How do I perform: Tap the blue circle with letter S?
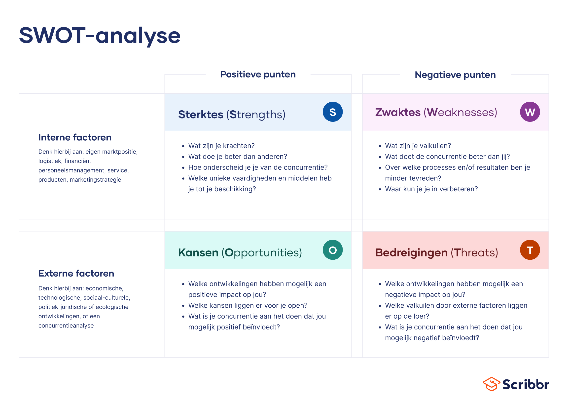(333, 112)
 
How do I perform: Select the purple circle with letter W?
(530, 112)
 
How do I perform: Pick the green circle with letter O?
(333, 250)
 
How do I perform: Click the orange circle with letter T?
(530, 250)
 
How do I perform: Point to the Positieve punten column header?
(258, 75)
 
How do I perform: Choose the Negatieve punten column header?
(455, 75)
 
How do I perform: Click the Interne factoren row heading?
(75, 137)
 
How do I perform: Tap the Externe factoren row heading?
(76, 273)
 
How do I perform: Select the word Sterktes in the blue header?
(201, 115)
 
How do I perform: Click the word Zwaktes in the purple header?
(398, 112)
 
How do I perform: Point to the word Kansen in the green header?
(198, 253)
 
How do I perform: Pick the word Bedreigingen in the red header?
(411, 253)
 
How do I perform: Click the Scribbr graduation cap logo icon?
(491, 384)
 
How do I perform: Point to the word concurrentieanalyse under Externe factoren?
(66, 326)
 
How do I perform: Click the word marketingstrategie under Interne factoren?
(95, 180)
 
